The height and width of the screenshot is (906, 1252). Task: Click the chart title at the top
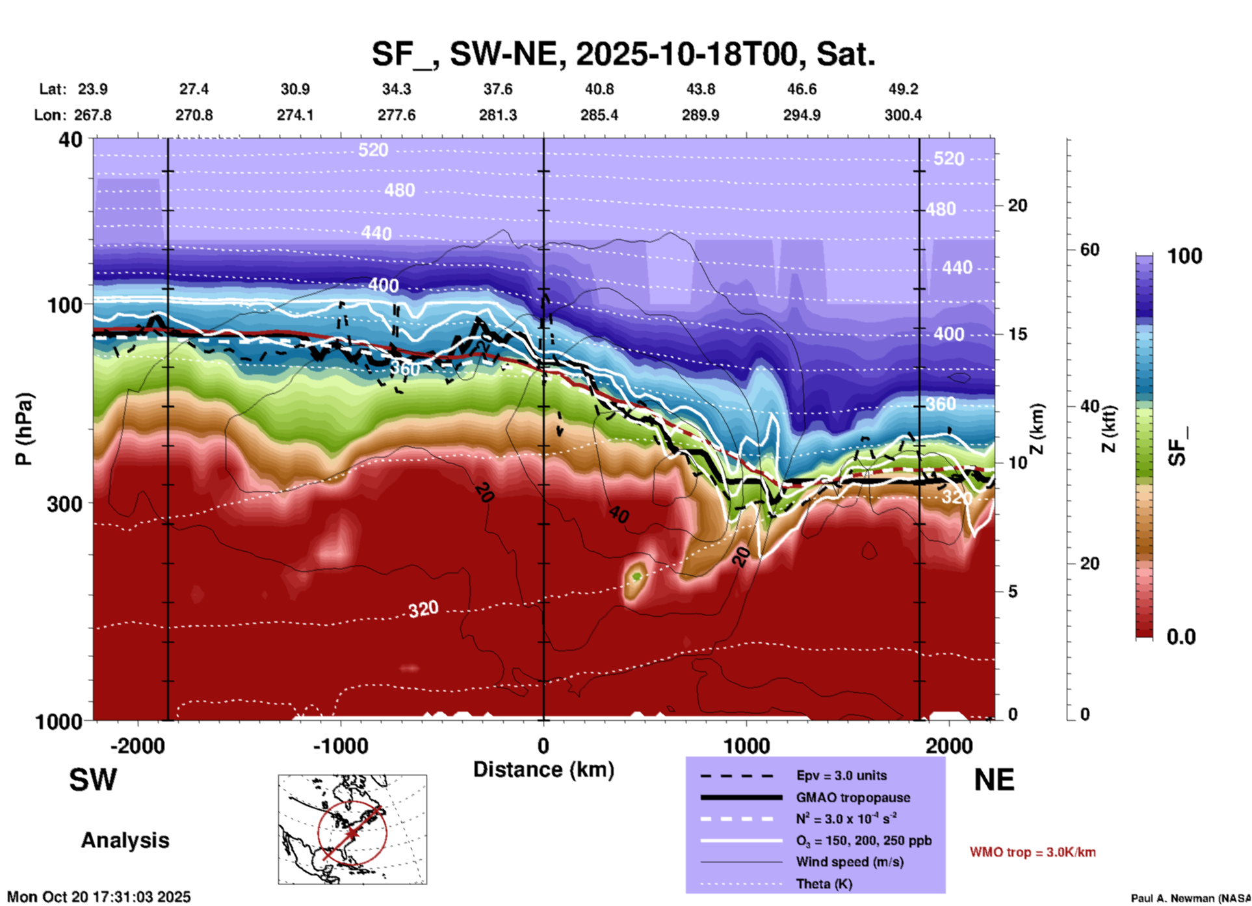click(x=623, y=53)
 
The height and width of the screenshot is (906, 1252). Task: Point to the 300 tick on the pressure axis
click(x=64, y=504)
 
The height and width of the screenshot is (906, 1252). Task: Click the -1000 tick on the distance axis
click(x=341, y=745)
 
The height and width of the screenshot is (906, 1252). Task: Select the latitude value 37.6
click(x=498, y=89)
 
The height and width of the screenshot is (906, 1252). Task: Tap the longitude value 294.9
click(x=802, y=115)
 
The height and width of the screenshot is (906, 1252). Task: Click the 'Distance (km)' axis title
click(x=543, y=770)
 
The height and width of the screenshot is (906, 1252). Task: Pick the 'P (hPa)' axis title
click(x=24, y=428)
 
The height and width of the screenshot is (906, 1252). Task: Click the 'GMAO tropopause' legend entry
click(x=853, y=797)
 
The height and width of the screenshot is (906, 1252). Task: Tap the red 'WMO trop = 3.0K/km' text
click(x=1032, y=852)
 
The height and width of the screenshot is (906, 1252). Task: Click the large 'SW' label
click(x=93, y=780)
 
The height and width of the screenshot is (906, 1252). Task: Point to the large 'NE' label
click(x=994, y=780)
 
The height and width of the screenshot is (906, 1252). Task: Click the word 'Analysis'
click(x=125, y=840)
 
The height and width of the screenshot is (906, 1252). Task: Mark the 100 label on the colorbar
click(x=1184, y=256)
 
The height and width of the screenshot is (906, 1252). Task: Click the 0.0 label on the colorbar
click(x=1181, y=637)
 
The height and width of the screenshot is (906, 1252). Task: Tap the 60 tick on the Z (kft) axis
click(x=1089, y=250)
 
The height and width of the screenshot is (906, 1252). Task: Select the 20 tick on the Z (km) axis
click(x=1017, y=206)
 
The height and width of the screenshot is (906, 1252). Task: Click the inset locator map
click(x=352, y=829)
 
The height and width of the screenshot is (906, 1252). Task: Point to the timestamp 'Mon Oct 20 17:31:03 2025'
click(x=99, y=897)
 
